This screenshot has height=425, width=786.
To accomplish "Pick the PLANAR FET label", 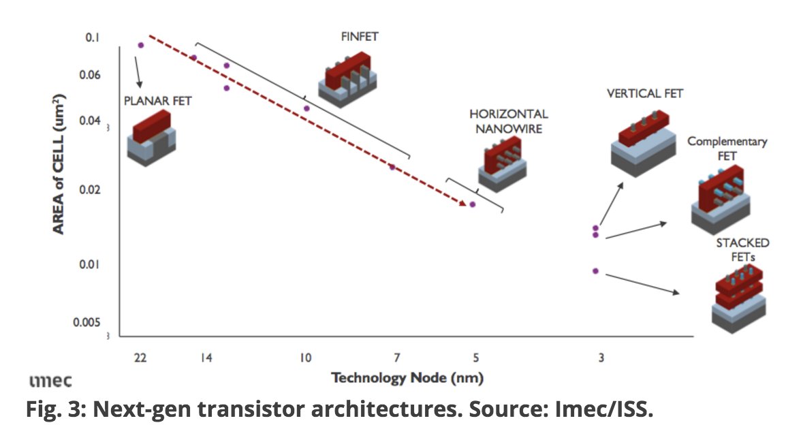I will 158,101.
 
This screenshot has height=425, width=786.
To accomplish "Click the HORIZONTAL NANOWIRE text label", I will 508,121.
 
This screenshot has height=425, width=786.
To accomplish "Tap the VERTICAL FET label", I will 644,93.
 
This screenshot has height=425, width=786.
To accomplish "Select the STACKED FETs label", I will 742,250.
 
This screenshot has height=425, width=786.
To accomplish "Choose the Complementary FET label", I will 727,148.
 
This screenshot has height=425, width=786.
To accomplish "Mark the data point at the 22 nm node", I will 141,45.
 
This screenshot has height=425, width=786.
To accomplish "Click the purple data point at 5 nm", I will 472,204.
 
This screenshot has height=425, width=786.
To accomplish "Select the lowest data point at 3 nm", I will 595,271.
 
